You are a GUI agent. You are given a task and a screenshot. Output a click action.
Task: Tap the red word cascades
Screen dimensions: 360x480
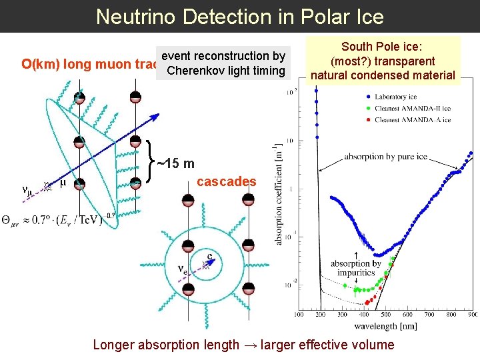click(x=227, y=182)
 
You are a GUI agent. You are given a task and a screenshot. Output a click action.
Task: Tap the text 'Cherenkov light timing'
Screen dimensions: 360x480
click(x=226, y=71)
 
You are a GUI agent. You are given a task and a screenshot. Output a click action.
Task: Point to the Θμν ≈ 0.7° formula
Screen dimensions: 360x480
click(x=53, y=221)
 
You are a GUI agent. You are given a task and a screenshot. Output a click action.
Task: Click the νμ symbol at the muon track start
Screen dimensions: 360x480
click(x=27, y=189)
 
